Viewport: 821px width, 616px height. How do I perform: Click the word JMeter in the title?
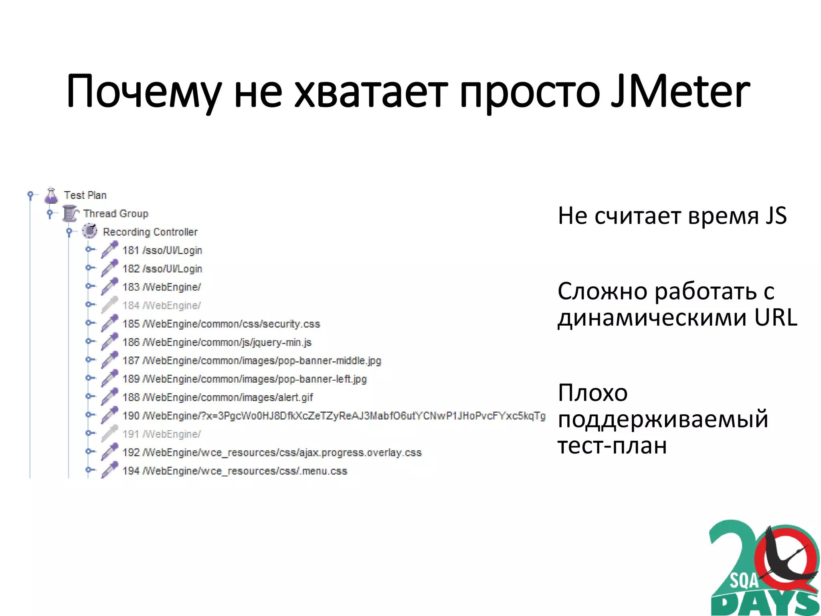pos(679,91)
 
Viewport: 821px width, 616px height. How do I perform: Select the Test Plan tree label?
pos(85,195)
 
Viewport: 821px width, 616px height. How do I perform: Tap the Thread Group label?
pos(115,214)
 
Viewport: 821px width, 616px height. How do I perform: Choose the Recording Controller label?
pos(150,232)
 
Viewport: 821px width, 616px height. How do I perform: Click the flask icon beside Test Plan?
pos(51,195)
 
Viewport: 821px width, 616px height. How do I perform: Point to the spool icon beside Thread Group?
pos(70,213)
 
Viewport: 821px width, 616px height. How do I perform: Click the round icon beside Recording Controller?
pos(89,231)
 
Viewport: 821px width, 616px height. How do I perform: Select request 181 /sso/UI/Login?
pos(162,251)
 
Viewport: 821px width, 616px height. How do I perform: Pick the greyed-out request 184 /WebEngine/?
pos(161,306)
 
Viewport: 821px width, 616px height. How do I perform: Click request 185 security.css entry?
pos(221,324)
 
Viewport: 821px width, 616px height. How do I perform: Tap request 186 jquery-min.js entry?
pos(216,342)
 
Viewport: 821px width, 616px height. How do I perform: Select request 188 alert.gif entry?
pos(217,397)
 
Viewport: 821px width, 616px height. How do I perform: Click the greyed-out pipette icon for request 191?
pos(109,434)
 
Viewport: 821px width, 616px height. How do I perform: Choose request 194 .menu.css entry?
pos(235,471)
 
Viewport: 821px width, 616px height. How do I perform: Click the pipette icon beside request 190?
pos(109,415)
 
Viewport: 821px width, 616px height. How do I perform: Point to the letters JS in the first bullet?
pos(776,216)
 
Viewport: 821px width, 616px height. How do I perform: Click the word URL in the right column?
pos(776,318)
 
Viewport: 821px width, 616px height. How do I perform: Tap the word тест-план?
pos(612,445)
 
